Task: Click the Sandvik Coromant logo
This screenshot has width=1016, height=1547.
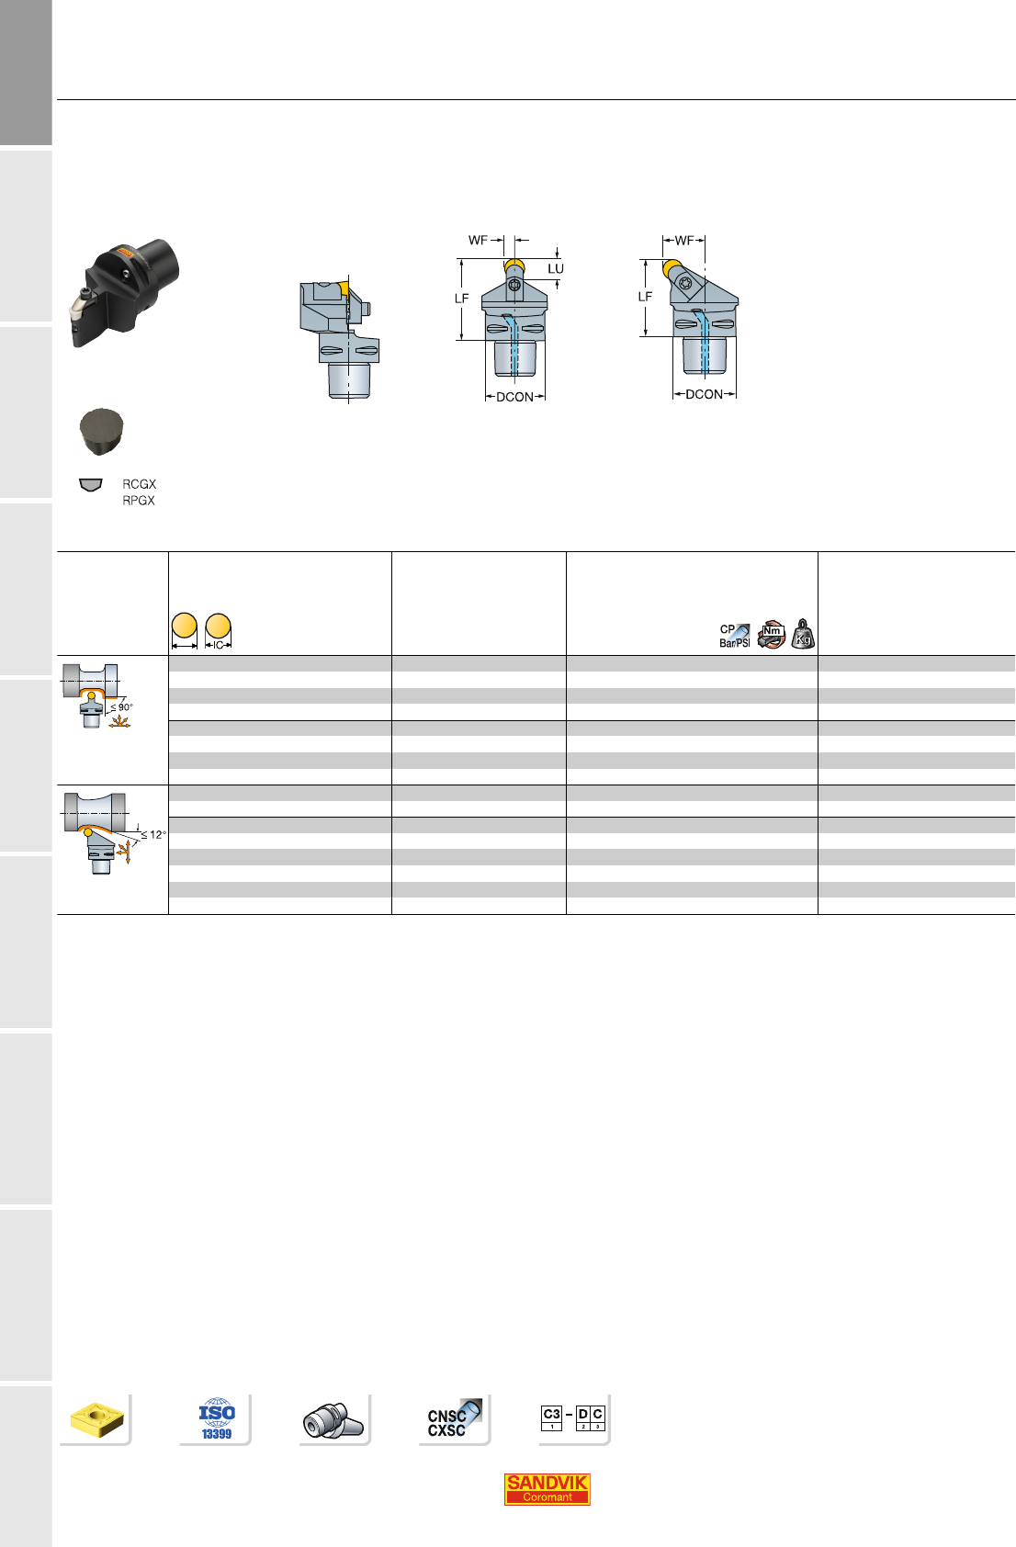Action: tap(547, 1489)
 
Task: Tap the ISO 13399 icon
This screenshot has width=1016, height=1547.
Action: tap(217, 1418)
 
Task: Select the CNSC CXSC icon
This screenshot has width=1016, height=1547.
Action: tap(454, 1418)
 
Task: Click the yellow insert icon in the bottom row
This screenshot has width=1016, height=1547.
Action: tap(97, 1419)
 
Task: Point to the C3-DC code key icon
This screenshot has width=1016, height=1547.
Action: tap(573, 1417)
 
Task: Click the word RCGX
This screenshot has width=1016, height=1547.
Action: tap(139, 484)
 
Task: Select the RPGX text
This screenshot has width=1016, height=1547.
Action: tap(138, 501)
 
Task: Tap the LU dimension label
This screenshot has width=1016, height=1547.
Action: tap(556, 268)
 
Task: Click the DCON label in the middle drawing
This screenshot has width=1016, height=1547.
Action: tap(515, 397)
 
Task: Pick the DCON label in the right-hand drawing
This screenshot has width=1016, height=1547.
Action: tap(704, 394)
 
